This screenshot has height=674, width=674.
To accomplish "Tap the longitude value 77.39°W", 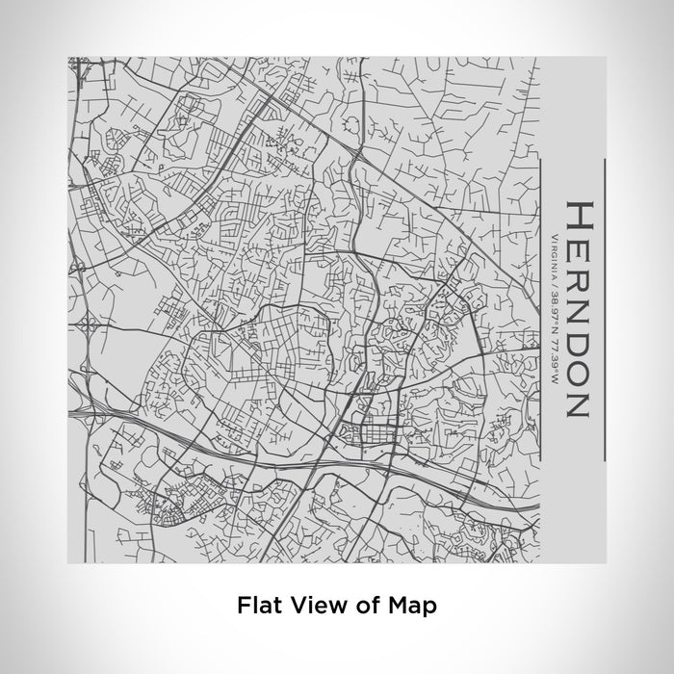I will pyautogui.click(x=554, y=347).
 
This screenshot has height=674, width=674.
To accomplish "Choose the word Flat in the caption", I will pyautogui.click(x=257, y=606).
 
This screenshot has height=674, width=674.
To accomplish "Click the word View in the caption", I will pyautogui.click(x=309, y=606).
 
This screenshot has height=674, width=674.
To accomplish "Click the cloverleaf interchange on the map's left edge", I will pyautogui.click(x=89, y=328).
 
